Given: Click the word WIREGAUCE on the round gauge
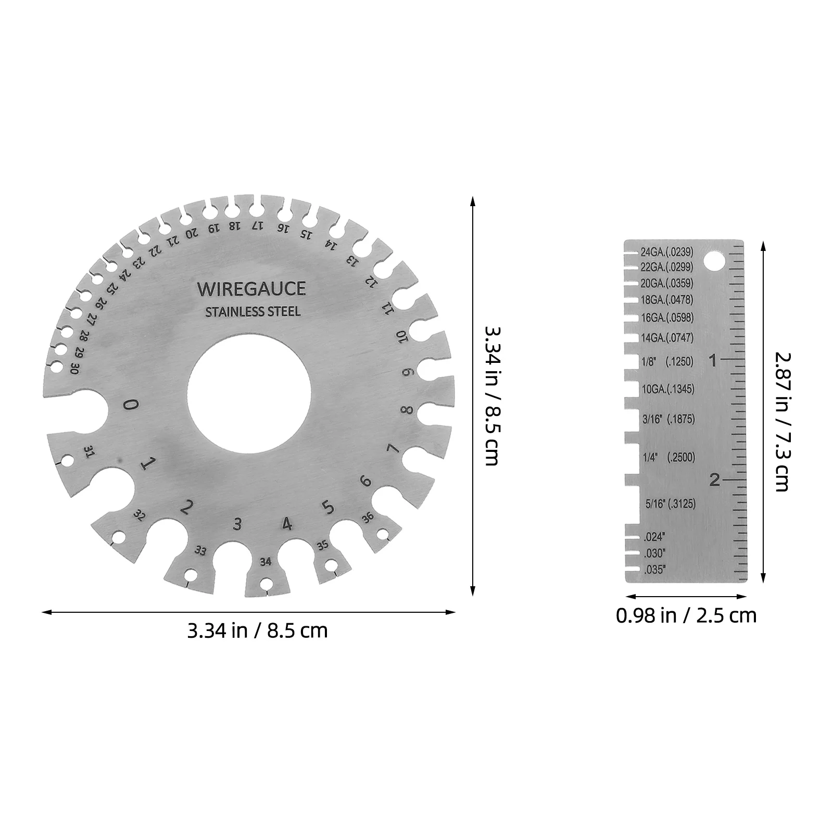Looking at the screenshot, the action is point(251,289).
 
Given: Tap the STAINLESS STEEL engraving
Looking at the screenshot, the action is point(253,312).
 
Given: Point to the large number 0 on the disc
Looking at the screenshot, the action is point(132,405).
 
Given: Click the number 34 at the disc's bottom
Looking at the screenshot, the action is point(266,562).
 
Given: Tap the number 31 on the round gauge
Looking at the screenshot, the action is point(89,452).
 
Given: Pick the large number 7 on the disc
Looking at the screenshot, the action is point(393,448).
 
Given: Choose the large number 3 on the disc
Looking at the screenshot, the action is point(238,524).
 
